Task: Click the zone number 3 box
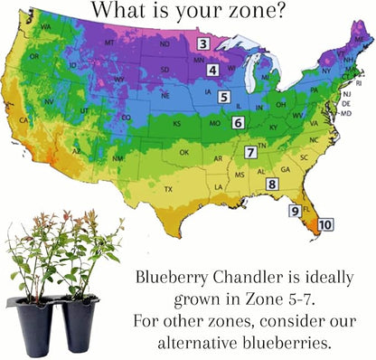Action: pos(204,43)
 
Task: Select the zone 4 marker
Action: pos(212,70)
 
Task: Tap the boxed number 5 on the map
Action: pos(224,97)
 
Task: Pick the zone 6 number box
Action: pos(238,121)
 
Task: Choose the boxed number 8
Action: pos(271,185)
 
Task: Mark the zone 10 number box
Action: pos(325,223)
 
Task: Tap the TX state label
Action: pos(168,189)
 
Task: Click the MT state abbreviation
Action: pos(109,43)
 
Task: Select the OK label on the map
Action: pos(184,152)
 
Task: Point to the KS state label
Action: pos(177,123)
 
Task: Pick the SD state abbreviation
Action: pos(163,70)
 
